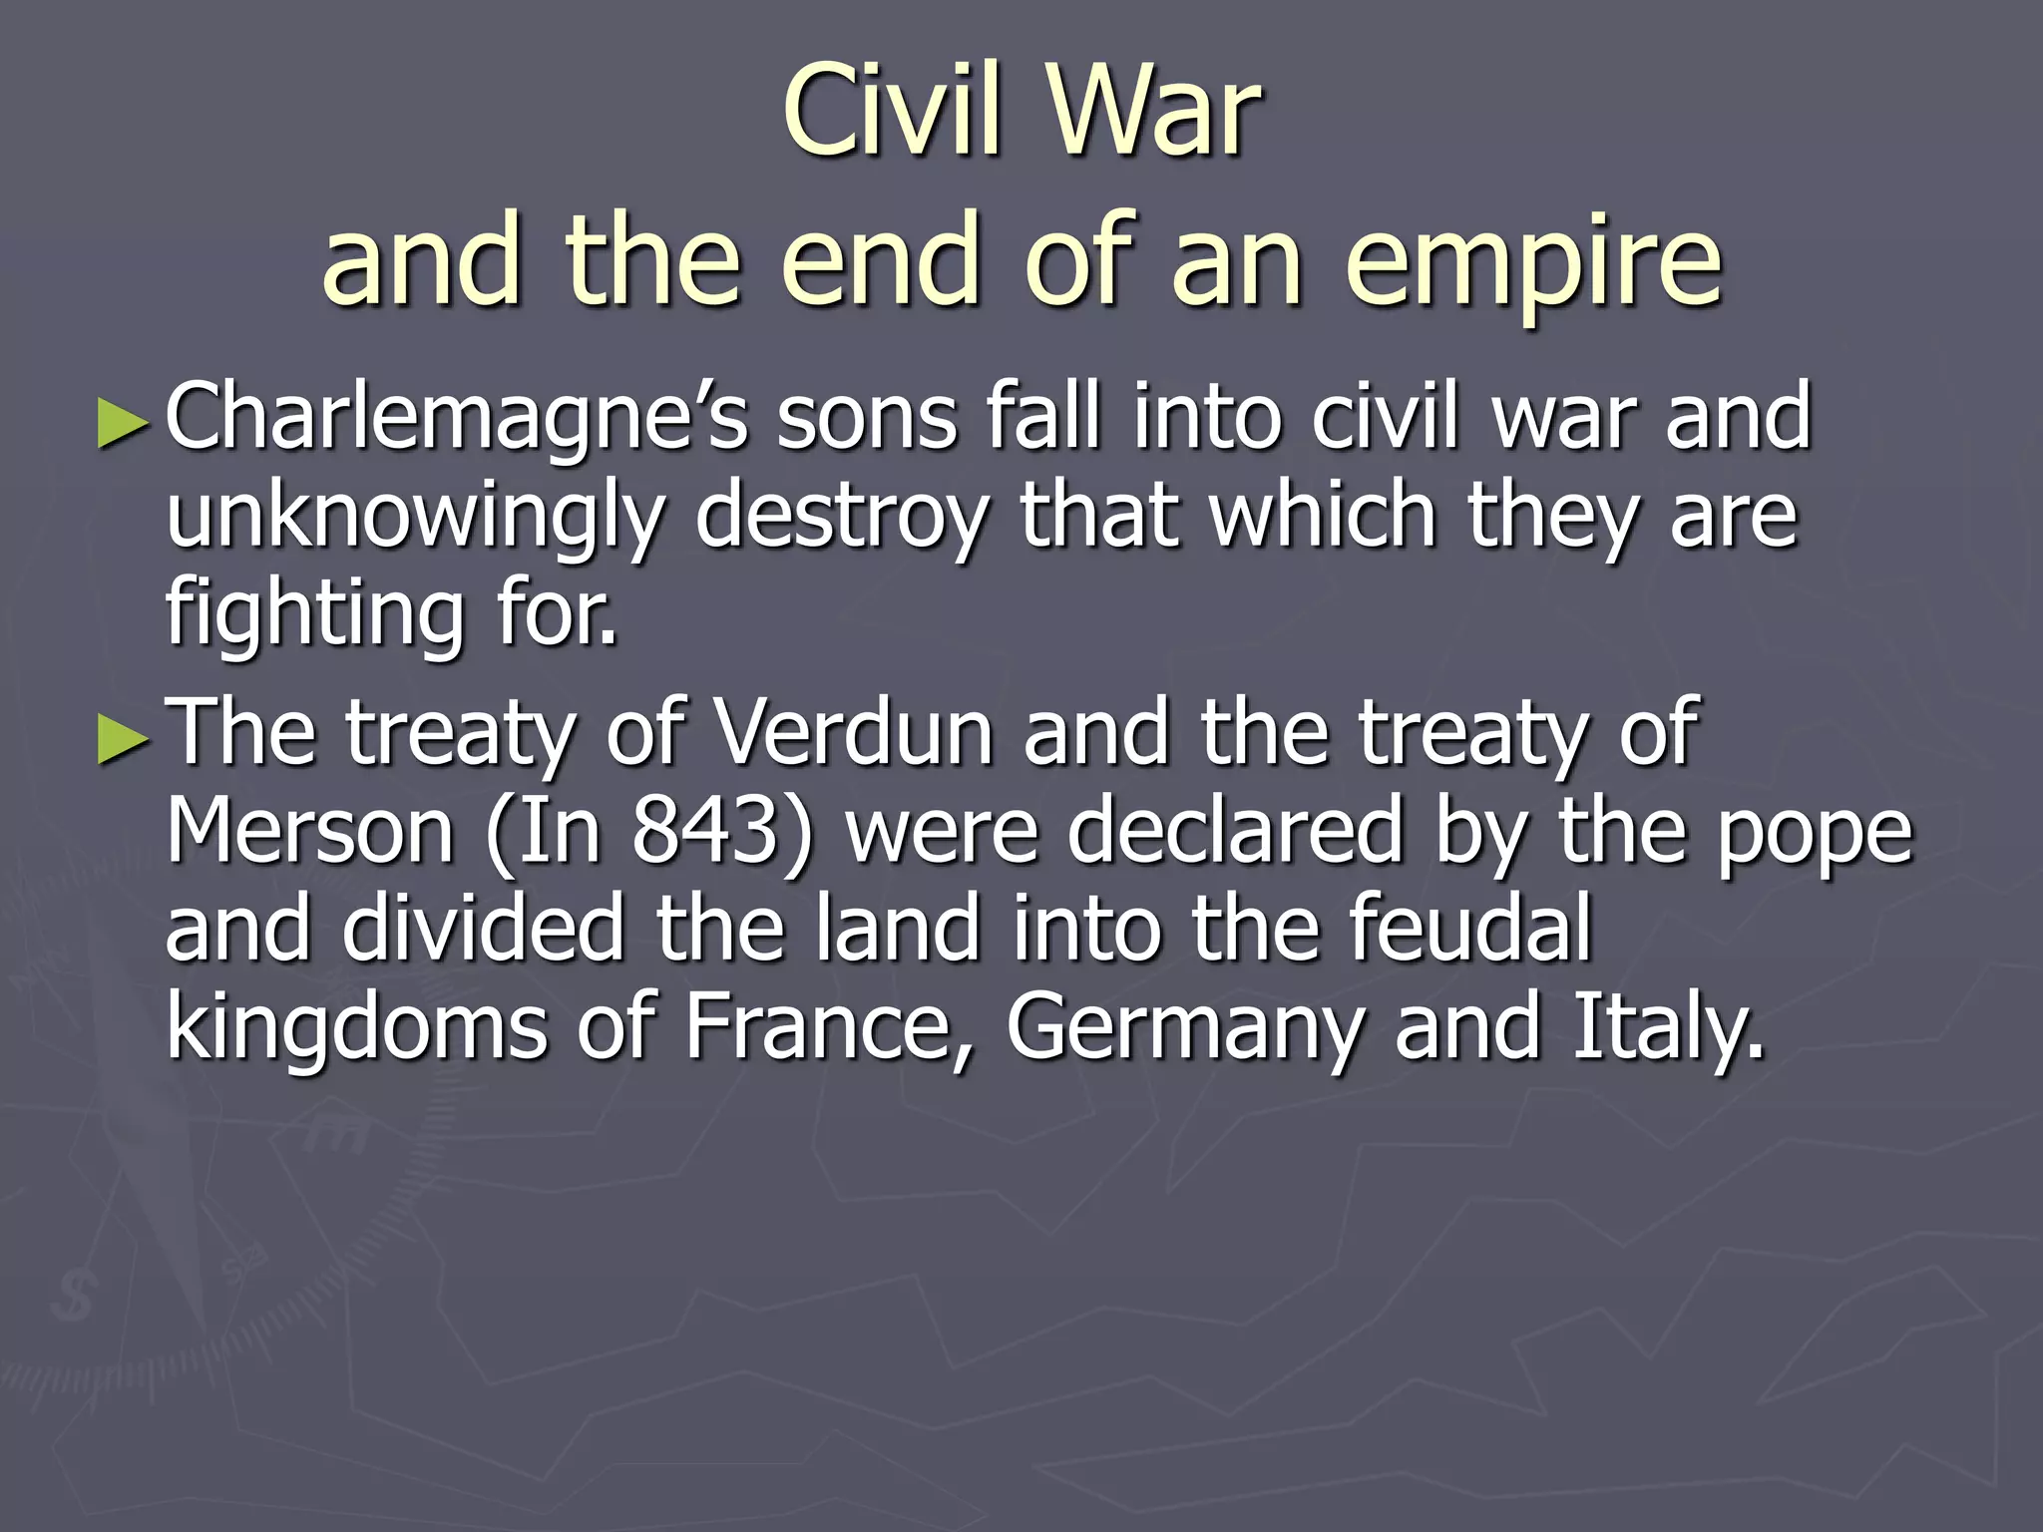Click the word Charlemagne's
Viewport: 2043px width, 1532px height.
pos(456,419)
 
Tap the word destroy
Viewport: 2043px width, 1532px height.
pos(841,517)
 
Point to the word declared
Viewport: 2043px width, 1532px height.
pos(1236,831)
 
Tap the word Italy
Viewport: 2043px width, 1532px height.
pos(1667,1027)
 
